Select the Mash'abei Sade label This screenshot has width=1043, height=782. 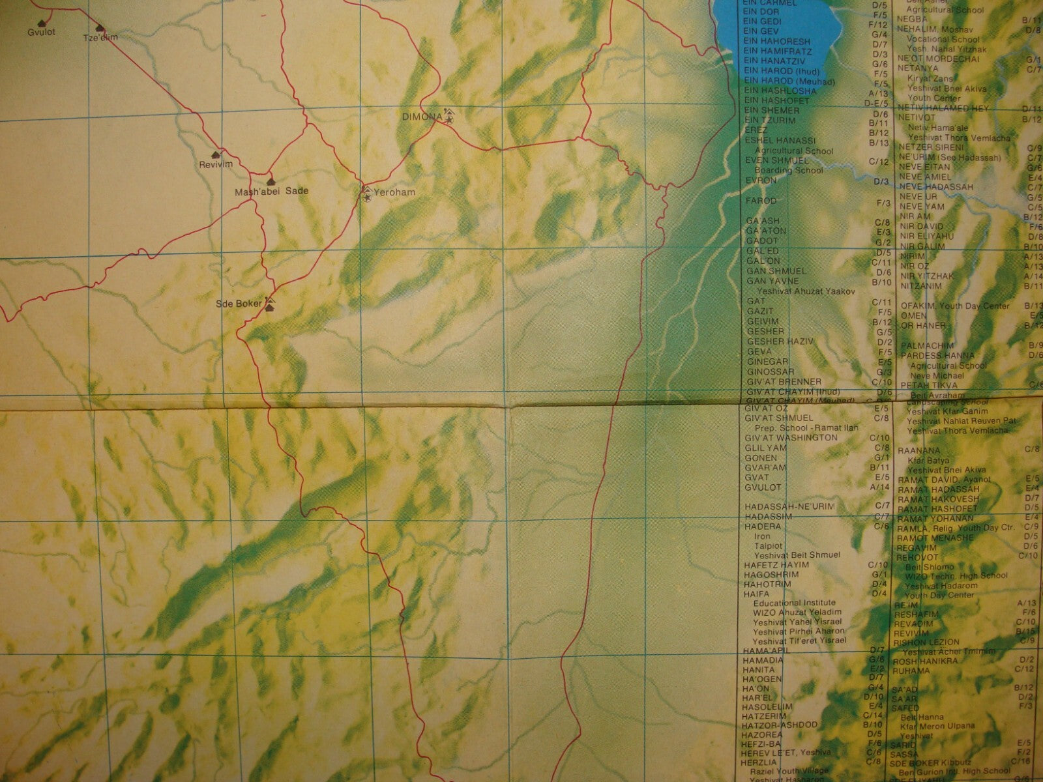pos(272,192)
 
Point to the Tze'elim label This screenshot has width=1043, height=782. pos(100,37)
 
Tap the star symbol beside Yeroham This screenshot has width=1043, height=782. pos(367,196)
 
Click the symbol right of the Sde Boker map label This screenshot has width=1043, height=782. pos(269,304)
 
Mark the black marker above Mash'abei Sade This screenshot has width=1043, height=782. pos(271,181)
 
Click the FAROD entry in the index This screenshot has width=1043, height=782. pos(761,201)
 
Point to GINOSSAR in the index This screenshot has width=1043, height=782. pos(767,371)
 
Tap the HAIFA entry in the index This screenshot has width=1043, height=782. pos(757,594)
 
